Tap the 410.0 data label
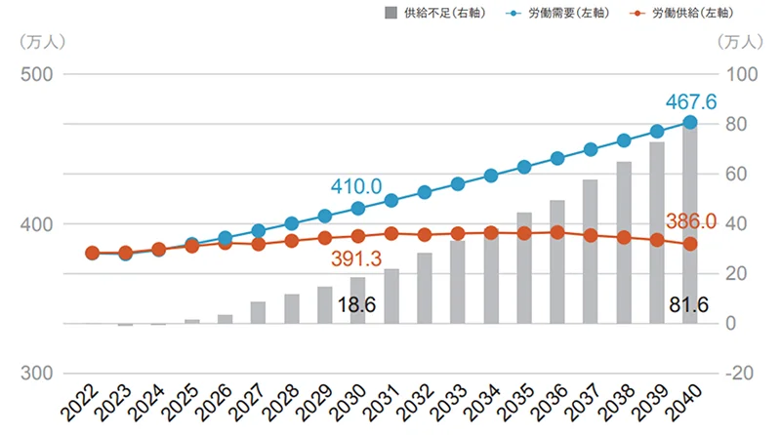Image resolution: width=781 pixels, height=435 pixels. point(356,185)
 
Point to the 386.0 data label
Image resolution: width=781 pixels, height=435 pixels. point(691,221)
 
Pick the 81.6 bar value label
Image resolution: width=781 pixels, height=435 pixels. point(690,305)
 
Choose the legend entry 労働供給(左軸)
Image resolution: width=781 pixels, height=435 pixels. point(693,15)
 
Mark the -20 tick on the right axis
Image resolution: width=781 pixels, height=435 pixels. point(740,374)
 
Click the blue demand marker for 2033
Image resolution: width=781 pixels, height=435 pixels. point(458,183)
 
